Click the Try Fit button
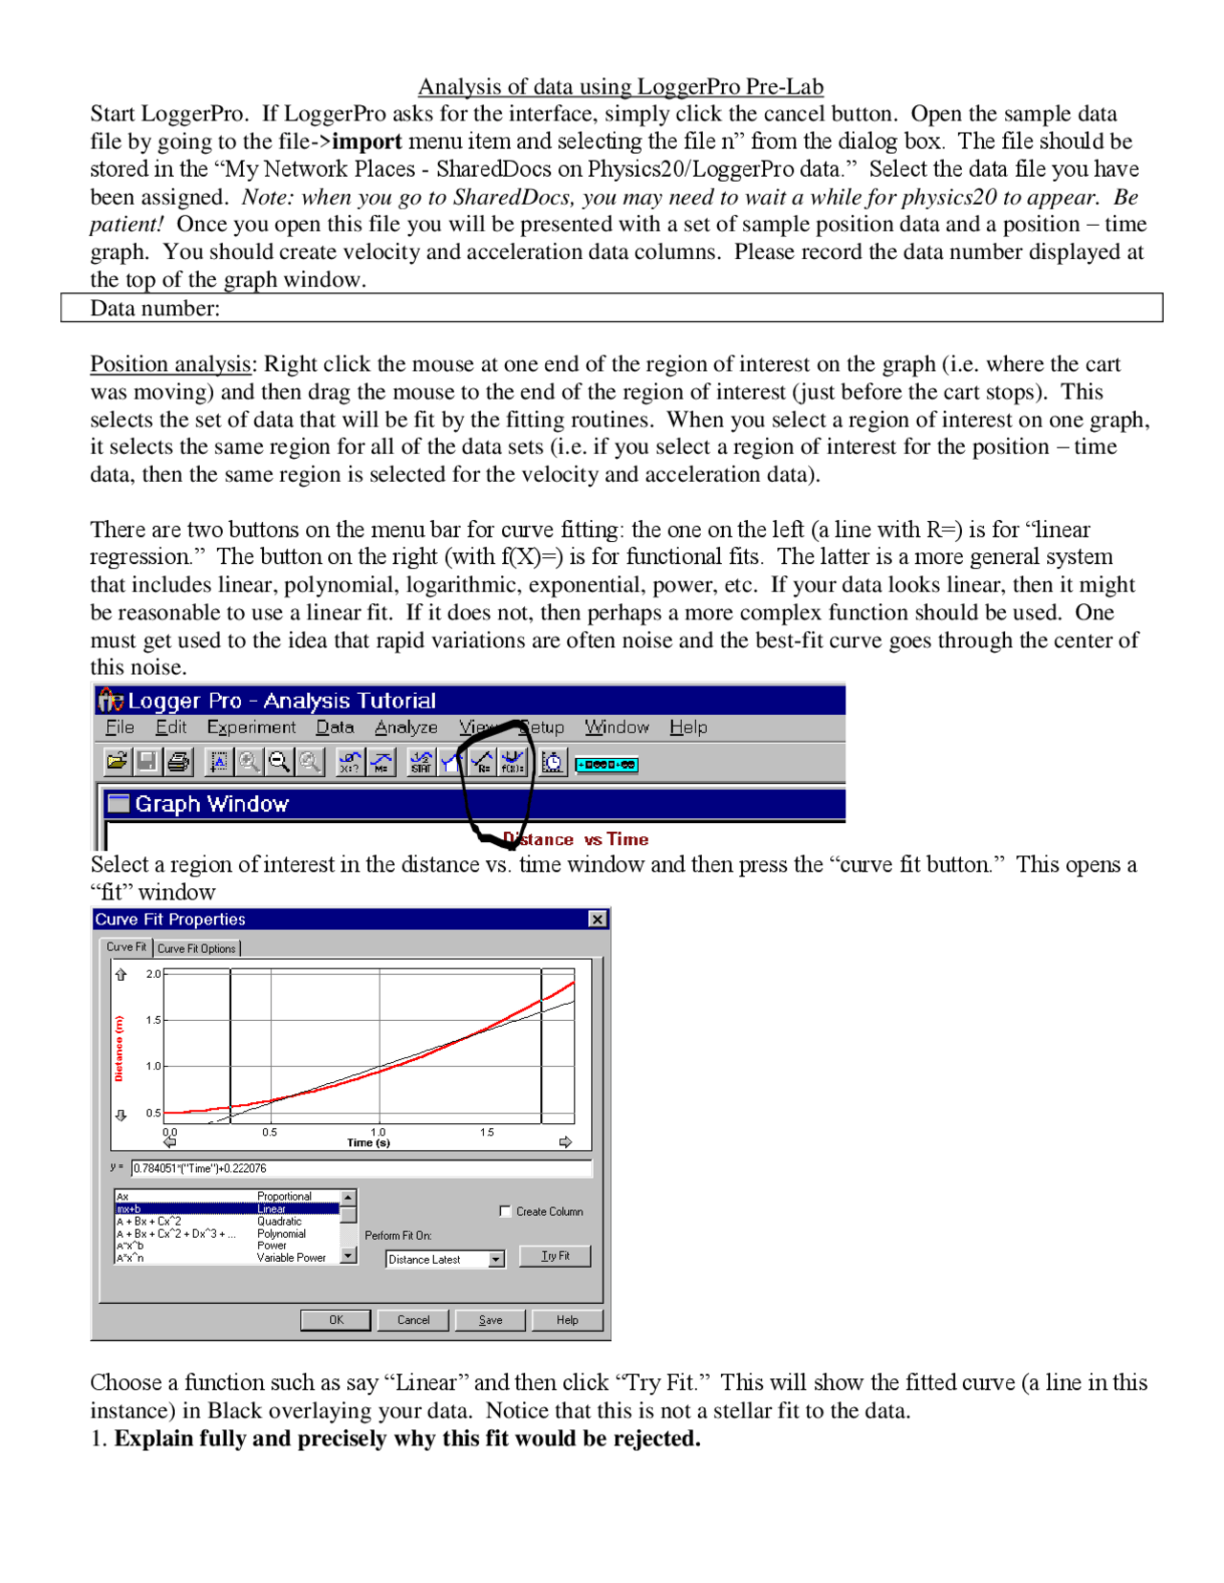(x=554, y=1255)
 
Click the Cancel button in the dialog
(x=413, y=1319)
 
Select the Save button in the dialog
(x=491, y=1319)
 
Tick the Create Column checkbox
(x=505, y=1211)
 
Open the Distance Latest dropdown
(x=495, y=1259)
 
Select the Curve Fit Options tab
(x=197, y=948)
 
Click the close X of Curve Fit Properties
(x=598, y=919)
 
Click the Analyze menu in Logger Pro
(x=405, y=726)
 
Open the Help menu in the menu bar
(x=688, y=726)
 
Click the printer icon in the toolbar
(x=178, y=761)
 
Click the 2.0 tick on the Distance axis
(x=153, y=973)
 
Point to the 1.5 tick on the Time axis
(x=487, y=1132)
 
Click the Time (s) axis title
(x=368, y=1142)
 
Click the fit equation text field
(x=361, y=1168)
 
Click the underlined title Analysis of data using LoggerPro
(x=620, y=86)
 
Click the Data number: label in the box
(x=155, y=308)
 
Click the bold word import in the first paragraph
(x=366, y=141)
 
